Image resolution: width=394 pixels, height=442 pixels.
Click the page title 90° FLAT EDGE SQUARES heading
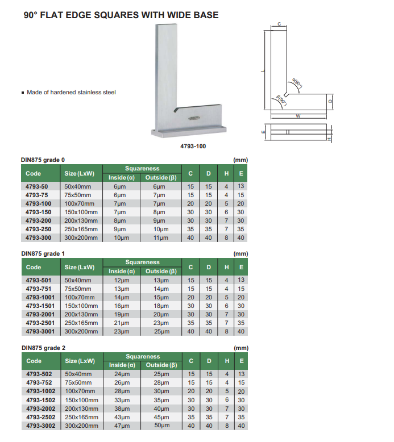pyautogui.click(x=121, y=15)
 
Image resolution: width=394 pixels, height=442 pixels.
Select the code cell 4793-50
pyautogui.click(x=37, y=186)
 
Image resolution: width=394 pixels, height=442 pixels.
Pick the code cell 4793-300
pyautogui.click(x=38, y=237)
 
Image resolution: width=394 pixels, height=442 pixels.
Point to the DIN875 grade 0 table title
pyautogui.click(x=47, y=160)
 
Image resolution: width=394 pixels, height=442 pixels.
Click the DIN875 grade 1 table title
pyautogui.click(x=47, y=253)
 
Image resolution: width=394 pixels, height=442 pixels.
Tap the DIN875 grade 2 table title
pyautogui.click(x=47, y=347)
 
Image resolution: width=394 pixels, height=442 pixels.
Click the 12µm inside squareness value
pyautogui.click(x=122, y=280)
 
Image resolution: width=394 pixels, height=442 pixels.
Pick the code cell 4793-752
pyautogui.click(x=38, y=382)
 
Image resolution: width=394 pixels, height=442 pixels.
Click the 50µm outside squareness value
pyautogui.click(x=161, y=426)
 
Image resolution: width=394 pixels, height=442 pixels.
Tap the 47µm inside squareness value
pyautogui.click(x=122, y=426)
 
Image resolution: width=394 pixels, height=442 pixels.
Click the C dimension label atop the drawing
pyautogui.click(x=279, y=24)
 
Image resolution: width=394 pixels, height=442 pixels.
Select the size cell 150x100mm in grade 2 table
pyautogui.click(x=81, y=400)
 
